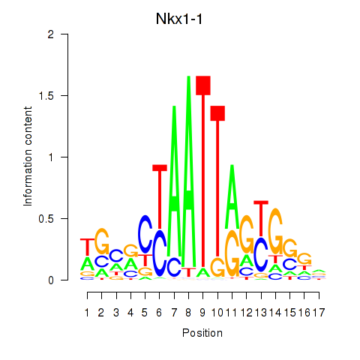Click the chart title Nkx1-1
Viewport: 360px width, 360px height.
click(x=179, y=19)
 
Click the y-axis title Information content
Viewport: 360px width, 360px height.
click(x=28, y=157)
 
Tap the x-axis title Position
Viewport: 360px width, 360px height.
click(x=202, y=333)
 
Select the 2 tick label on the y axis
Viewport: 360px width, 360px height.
click(x=51, y=34)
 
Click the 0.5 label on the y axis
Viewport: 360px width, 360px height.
click(x=46, y=219)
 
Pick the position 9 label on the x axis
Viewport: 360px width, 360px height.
click(x=202, y=313)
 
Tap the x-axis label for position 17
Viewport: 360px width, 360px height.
click(x=319, y=313)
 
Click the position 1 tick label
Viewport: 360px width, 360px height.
click(x=87, y=313)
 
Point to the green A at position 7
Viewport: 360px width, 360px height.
click(x=174, y=181)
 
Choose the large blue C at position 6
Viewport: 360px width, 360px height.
click(x=160, y=253)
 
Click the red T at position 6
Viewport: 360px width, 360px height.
click(x=160, y=197)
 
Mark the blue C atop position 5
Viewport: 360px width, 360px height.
click(x=145, y=234)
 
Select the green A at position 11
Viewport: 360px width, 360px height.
click(x=232, y=196)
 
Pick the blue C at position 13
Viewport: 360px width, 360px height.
click(x=261, y=254)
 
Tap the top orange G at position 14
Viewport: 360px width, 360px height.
click(x=275, y=231)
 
